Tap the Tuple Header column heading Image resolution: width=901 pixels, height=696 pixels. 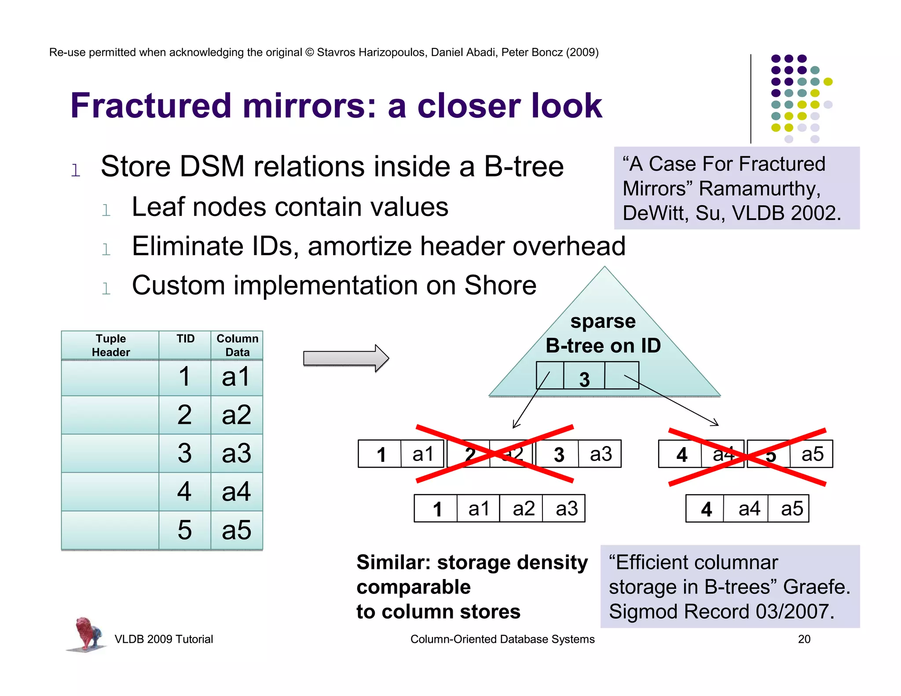[110, 345]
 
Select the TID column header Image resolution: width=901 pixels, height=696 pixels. [185, 339]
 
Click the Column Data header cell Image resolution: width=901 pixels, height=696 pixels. [237, 345]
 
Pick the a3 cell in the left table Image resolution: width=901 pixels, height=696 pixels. [236, 453]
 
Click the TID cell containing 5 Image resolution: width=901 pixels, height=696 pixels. [185, 530]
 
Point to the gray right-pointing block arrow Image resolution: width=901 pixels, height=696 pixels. [346, 358]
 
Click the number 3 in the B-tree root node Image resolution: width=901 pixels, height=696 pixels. [584, 379]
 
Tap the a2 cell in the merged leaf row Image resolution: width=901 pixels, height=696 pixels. [523, 509]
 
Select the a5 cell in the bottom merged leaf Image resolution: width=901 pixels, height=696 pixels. [792, 509]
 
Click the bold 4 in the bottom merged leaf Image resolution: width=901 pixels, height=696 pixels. [706, 509]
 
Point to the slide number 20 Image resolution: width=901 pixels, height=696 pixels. [804, 639]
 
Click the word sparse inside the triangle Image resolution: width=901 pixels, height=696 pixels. [603, 321]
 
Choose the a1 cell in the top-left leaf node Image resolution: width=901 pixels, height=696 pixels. [423, 454]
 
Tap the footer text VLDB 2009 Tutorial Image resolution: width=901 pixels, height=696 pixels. [164, 639]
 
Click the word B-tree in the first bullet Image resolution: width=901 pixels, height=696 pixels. [524, 166]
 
